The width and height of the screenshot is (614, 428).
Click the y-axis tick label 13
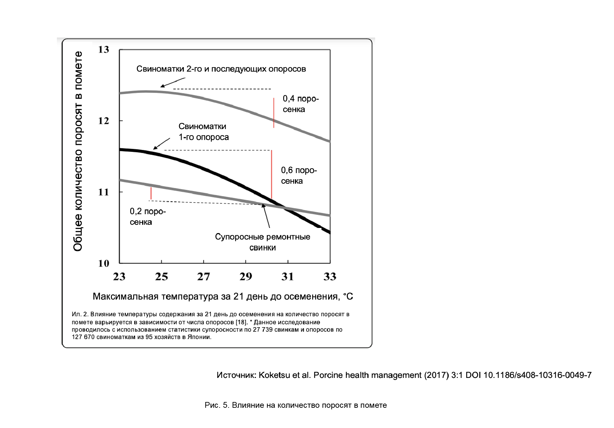(104, 49)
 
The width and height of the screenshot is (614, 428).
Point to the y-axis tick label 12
(104, 121)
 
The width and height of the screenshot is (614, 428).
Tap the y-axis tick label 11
(104, 192)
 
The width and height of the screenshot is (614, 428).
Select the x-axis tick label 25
(161, 276)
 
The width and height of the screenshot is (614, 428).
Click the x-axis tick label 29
(246, 276)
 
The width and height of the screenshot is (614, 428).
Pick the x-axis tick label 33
(330, 276)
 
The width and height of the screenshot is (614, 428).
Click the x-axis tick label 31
(288, 276)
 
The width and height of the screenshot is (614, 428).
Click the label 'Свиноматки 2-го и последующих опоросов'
(221, 69)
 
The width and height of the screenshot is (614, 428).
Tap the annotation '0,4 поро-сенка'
(301, 104)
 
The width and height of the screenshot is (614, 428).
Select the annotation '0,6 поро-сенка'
(299, 176)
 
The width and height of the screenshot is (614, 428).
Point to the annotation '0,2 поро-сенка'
(148, 217)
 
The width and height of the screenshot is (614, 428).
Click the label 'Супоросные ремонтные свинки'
(263, 242)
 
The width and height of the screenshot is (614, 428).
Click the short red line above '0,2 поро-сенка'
(151, 193)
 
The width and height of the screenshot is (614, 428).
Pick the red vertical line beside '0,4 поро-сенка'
(274, 113)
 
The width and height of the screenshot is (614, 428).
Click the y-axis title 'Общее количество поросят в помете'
(78, 151)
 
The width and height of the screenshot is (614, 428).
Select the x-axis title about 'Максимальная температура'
(223, 296)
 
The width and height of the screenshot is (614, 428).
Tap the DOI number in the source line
(537, 375)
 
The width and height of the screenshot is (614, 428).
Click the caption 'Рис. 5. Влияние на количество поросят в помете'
(296, 405)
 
